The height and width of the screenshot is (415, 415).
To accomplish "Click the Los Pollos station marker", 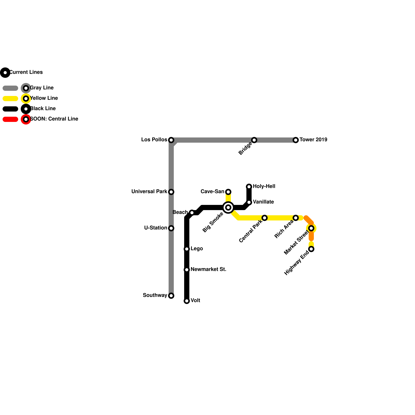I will pyautogui.click(x=171, y=140).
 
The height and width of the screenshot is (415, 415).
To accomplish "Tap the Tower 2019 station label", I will pyautogui.click(x=313, y=140).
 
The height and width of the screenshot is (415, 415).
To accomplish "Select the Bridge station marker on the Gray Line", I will pyautogui.click(x=254, y=140).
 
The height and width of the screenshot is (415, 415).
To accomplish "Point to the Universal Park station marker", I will pyautogui.click(x=171, y=192).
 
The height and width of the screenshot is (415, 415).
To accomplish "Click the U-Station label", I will pyautogui.click(x=156, y=228).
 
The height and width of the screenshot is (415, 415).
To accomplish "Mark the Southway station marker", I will pyautogui.click(x=171, y=296).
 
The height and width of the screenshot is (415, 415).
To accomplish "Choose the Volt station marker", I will pyautogui.click(x=187, y=301).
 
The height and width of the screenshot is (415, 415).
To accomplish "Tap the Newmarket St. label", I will pyautogui.click(x=208, y=269).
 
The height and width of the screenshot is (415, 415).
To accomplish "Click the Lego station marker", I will pyautogui.click(x=187, y=249).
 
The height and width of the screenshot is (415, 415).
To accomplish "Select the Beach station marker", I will pyautogui.click(x=192, y=213).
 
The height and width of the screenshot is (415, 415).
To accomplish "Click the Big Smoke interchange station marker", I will pyautogui.click(x=228, y=208).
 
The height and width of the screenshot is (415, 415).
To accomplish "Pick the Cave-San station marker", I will pyautogui.click(x=228, y=192).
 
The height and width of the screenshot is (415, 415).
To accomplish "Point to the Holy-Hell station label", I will pyautogui.click(x=264, y=186).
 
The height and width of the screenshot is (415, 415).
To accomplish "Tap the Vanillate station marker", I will pyautogui.click(x=249, y=202).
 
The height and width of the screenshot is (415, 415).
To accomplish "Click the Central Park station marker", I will pyautogui.click(x=265, y=218).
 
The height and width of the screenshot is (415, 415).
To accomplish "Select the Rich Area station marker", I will pyautogui.click(x=296, y=218).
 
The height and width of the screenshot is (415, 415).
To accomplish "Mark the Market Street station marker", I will pyautogui.click(x=311, y=228).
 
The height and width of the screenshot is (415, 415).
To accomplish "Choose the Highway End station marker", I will pyautogui.click(x=311, y=249).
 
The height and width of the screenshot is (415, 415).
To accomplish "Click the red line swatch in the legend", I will pyautogui.click(x=10, y=119).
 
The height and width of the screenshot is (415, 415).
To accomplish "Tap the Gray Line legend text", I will pyautogui.click(x=42, y=88).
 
